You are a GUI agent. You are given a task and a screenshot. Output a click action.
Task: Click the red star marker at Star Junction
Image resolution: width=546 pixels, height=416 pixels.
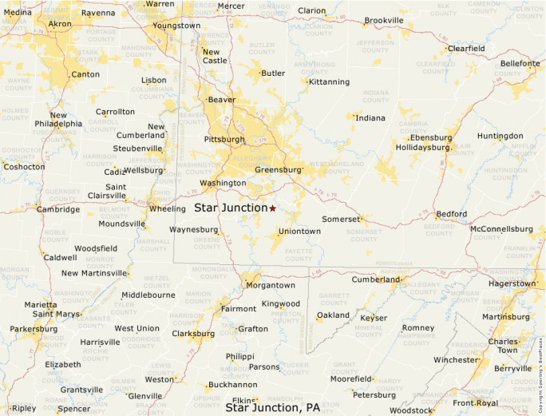pos(272,208)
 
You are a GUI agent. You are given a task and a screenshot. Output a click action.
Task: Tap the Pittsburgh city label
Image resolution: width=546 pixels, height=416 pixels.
pos(224,139)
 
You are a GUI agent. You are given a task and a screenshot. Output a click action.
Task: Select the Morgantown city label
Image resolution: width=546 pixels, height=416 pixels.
pos(270,285)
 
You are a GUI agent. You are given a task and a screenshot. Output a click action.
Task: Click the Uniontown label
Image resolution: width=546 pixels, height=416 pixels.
pos(299,232)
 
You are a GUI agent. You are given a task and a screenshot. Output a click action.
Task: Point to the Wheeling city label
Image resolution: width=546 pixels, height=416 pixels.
pos(167,209)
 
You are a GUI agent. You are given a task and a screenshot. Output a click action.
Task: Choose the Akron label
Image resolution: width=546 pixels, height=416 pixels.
pos(60,24)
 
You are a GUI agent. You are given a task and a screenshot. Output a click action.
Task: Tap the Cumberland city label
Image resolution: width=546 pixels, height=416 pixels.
pos(375,279)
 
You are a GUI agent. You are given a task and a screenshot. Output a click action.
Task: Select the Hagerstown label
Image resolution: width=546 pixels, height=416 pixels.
pos(512,283)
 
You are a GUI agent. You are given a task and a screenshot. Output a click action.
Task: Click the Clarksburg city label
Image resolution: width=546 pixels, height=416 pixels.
pos(192,334)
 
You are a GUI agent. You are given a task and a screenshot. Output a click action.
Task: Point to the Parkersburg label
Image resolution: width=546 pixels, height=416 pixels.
pos(34,329)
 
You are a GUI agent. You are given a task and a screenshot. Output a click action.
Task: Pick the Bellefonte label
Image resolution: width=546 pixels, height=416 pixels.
pos(520,63)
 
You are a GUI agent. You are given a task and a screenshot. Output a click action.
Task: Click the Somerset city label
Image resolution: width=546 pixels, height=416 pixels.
pos(341,219)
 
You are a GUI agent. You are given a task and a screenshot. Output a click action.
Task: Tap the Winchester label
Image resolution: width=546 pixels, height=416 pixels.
pos(455,360)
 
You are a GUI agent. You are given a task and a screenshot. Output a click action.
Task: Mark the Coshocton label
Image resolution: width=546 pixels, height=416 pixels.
pos(24,167)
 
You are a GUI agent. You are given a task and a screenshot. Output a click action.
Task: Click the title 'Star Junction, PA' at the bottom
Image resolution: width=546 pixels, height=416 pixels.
pos(273,408)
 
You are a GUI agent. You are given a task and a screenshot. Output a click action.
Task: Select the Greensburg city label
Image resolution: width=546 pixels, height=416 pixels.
pos(278,170)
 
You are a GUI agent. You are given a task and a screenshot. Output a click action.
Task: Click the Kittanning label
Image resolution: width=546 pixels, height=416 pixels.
pos(329,81)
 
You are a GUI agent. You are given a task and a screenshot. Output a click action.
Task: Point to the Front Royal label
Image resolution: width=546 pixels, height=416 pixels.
pos(475,403)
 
